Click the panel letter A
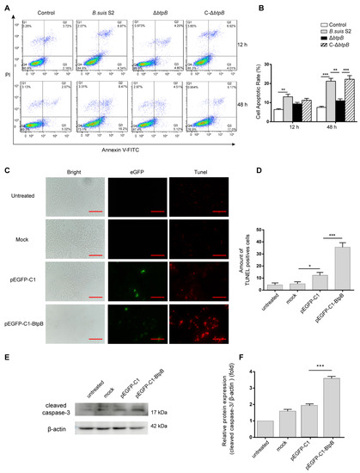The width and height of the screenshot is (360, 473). point(6,5)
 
